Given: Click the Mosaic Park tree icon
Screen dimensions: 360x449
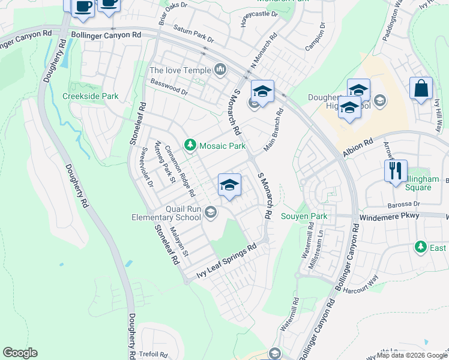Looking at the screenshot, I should coord(190,145).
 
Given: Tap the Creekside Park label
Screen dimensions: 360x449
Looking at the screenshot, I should coord(91,96).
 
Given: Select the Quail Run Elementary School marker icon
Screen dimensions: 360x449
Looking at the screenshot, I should coord(211,211).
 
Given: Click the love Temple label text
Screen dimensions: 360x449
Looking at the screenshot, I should coord(180,71).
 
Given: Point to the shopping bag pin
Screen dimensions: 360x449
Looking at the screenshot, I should coord(421,89).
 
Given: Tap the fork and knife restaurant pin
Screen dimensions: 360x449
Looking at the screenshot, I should coord(396,170).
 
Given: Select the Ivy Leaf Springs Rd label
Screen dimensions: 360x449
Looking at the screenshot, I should coord(227,262).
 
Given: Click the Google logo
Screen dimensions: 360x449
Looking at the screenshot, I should coord(20,353).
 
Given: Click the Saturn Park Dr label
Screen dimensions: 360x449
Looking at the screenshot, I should coord(193,34).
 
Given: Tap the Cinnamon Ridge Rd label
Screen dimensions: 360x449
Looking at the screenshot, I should coord(180,172).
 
